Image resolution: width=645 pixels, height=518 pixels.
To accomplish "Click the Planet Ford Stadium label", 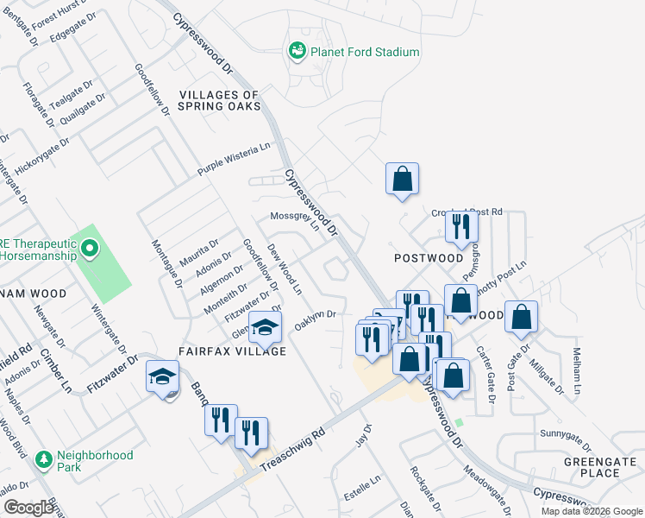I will [366, 52].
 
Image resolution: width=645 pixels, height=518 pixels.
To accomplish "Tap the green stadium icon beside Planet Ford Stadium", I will [297, 52].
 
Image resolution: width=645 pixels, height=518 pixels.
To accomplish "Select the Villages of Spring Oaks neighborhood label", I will [218, 100].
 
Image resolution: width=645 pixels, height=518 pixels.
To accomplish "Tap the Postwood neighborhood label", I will [429, 258].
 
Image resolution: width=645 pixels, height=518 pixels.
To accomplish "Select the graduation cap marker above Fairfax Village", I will [265, 327].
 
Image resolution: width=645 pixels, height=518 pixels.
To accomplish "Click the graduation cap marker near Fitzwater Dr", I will [161, 377].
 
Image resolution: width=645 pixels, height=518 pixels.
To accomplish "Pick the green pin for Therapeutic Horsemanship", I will [89, 250].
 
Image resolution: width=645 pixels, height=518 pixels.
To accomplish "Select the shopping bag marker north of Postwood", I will [402, 180].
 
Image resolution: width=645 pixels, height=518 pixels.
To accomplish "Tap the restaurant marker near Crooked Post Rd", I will [461, 226].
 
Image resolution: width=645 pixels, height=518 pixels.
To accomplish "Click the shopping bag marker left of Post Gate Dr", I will [522, 318].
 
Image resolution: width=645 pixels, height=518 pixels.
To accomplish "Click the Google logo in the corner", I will [29, 508].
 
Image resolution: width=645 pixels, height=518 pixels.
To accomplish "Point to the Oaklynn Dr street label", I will [315, 319].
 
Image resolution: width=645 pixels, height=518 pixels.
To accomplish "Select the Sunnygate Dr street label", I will [566, 433].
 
